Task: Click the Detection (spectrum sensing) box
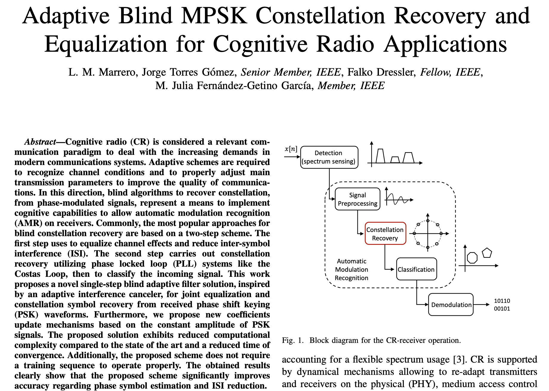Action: (329, 157)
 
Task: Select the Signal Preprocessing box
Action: (357, 199)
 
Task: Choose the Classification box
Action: (417, 269)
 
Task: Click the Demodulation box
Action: (451, 305)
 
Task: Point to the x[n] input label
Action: (291, 149)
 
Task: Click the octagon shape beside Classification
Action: (472, 258)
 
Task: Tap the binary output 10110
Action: (502, 301)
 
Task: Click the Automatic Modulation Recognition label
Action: (351, 270)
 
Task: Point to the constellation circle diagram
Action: (428, 233)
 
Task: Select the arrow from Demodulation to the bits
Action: (481, 305)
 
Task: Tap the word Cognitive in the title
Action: (260, 44)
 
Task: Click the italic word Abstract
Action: (40, 142)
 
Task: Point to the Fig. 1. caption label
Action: (293, 340)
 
